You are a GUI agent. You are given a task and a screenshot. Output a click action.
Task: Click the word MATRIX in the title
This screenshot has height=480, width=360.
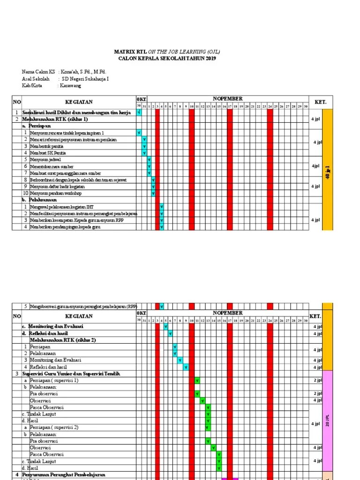[x=122, y=52]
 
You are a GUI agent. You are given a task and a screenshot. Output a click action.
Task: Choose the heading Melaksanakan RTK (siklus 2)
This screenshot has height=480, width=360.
[x=63, y=340]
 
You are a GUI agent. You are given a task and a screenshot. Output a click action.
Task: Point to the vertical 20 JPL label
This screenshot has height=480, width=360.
[x=328, y=420]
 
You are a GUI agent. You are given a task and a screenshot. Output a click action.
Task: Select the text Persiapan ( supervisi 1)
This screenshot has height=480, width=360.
[x=54, y=380]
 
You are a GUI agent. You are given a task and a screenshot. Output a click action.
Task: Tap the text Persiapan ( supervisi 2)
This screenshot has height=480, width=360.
[x=54, y=427]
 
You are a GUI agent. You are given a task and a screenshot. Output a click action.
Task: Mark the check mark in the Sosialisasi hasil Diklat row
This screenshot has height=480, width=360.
[x=139, y=112]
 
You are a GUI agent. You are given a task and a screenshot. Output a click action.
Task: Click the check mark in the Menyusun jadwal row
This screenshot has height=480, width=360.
[x=149, y=160]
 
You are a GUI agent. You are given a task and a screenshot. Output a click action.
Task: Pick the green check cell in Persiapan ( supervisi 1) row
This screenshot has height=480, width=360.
[x=197, y=380]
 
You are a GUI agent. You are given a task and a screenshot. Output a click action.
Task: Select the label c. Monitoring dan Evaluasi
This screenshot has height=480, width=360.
[x=52, y=326]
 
